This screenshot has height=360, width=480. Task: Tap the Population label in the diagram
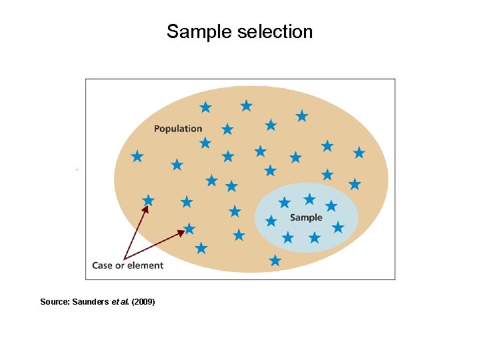(x=178, y=129)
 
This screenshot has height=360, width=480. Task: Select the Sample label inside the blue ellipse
(x=306, y=217)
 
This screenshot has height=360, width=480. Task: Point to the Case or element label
(x=127, y=265)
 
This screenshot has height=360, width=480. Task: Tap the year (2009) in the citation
(x=143, y=302)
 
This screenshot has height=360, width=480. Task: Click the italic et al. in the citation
(x=123, y=302)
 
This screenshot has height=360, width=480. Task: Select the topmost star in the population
(x=246, y=105)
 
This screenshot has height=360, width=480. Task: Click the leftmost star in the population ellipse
(x=137, y=156)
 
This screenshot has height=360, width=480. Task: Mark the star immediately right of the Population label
(x=227, y=129)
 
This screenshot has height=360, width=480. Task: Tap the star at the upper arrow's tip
(x=148, y=200)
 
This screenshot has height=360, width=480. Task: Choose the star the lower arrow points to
(x=189, y=229)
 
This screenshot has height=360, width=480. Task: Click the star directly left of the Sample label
(x=271, y=221)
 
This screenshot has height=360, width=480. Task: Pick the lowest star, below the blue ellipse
(x=275, y=261)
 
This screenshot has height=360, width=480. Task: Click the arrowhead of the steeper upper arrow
(x=145, y=209)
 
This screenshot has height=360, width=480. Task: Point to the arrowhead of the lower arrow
(x=181, y=233)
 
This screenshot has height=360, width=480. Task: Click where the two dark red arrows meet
(x=125, y=257)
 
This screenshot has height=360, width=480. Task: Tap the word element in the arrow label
(x=145, y=265)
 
